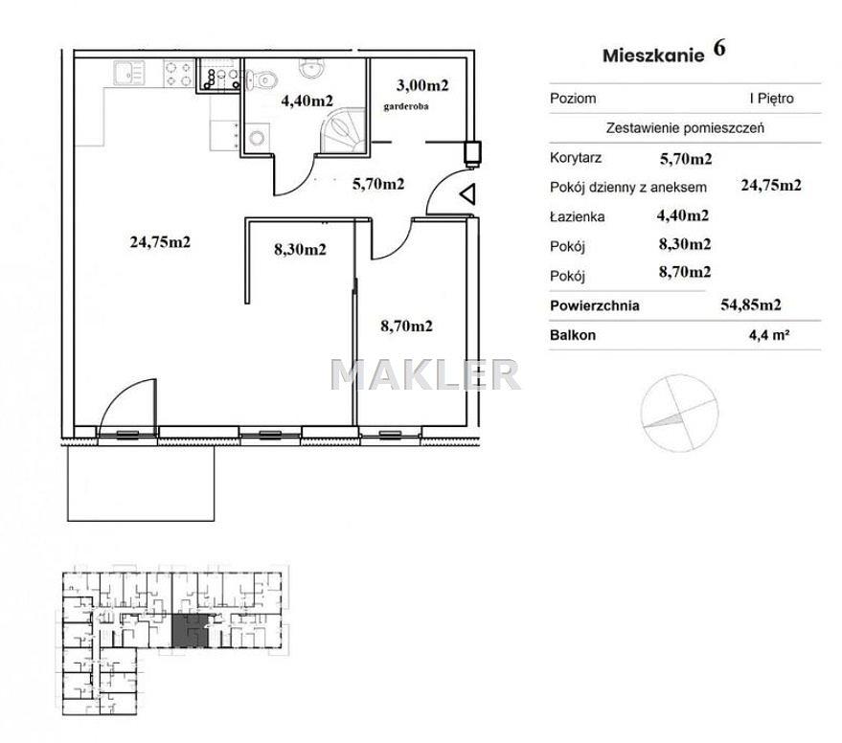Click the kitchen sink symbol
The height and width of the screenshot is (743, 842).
(x=129, y=73)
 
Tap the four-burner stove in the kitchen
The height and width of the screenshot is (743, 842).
(x=178, y=74)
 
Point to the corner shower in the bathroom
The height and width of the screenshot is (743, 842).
(x=343, y=130)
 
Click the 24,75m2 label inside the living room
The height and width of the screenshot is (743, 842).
(x=160, y=242)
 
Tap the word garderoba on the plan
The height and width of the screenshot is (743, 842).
(x=406, y=106)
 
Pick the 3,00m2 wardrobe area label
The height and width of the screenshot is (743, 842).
(x=422, y=85)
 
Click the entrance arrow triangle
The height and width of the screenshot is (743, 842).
(x=467, y=193)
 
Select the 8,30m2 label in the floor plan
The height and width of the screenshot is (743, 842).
(x=300, y=249)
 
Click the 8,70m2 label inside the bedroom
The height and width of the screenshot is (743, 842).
(x=406, y=326)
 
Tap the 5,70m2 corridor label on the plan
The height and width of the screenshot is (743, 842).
(x=378, y=184)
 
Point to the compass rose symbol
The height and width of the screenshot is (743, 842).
(x=680, y=413)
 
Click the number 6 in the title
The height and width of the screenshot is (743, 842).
(x=719, y=48)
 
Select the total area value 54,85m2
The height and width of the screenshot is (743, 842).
(x=751, y=304)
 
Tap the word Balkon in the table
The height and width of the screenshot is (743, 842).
(x=573, y=335)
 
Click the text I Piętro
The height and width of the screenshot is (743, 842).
(x=772, y=99)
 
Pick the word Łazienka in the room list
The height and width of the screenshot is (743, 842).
(x=578, y=216)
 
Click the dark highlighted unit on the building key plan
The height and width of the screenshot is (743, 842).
(x=190, y=631)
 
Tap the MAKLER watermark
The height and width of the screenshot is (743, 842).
(x=424, y=374)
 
